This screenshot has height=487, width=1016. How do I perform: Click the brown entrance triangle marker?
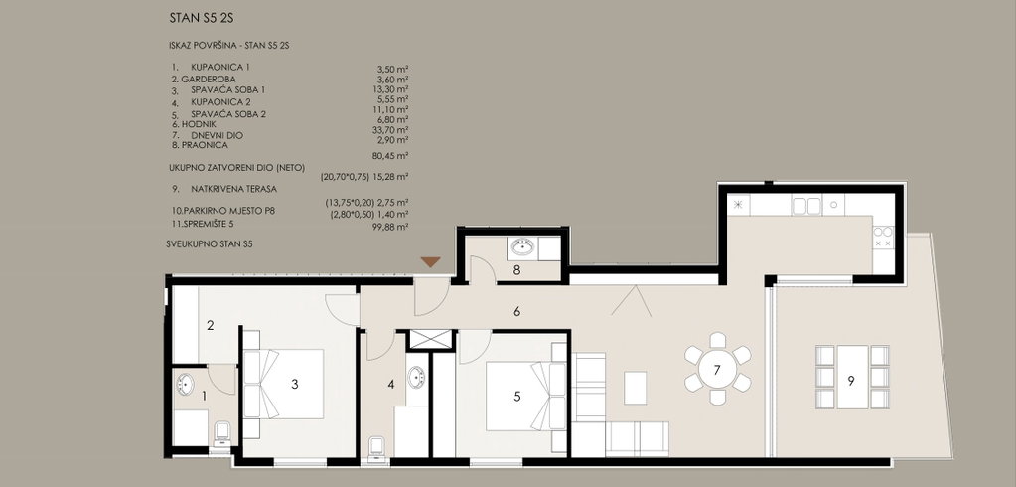tap(430, 262)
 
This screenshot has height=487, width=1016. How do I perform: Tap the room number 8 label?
tap(516, 270)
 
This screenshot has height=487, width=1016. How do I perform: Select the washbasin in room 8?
tap(523, 247)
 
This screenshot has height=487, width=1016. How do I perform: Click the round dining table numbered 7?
tap(717, 371)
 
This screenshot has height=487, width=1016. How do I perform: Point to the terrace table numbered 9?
tap(852, 377)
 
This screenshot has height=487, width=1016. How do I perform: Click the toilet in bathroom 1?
tap(222, 432)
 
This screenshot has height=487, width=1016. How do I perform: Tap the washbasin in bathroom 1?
tap(185, 384)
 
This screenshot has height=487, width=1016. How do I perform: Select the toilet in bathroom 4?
tap(376, 447)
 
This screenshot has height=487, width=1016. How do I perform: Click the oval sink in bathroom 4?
tap(416, 377)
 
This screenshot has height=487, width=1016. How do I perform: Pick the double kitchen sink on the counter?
tap(806, 206)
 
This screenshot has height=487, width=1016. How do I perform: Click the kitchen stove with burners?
tap(883, 237)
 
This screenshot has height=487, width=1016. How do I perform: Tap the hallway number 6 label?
tap(516, 312)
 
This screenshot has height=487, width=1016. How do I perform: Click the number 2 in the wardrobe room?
tap(210, 326)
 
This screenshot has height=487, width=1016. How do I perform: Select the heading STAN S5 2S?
tap(202, 19)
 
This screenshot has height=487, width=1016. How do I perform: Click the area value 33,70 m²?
tap(392, 129)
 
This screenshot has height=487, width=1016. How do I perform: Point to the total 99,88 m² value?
tap(392, 227)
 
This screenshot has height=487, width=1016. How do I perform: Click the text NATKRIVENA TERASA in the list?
tap(234, 190)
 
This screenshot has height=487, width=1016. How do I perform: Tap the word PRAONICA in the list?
tap(205, 145)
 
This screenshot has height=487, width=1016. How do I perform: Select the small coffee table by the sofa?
tap(635, 388)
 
